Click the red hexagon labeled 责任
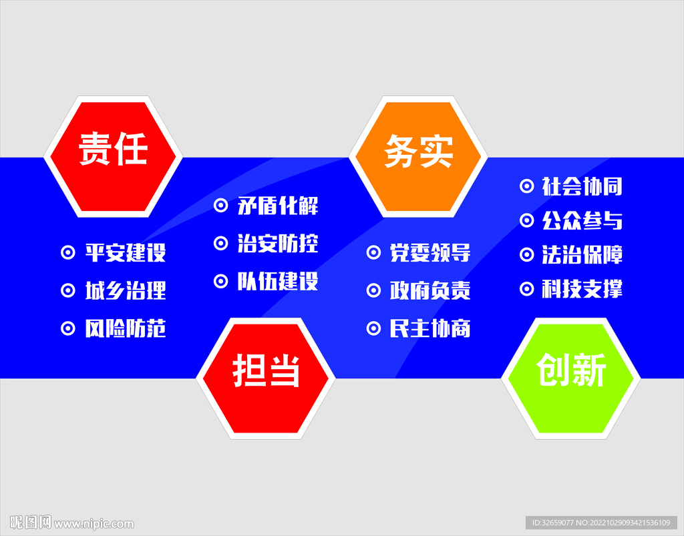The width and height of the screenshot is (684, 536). click(113, 156)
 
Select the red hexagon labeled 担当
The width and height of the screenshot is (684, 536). click(265, 378)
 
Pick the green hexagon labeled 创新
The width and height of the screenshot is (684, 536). click(571, 378)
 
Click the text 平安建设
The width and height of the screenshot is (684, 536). click(126, 253)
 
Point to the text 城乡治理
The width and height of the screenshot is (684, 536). click(126, 291)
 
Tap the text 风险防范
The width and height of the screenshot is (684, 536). click(126, 329)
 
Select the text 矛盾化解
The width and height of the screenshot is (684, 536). click(278, 206)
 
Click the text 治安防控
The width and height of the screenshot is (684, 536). click(278, 244)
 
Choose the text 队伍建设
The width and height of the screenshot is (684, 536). click(278, 282)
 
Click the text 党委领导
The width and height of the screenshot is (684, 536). click(430, 253)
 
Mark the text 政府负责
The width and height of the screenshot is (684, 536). click(430, 291)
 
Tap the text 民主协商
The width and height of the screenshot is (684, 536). click(430, 329)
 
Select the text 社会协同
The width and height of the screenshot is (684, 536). click(582, 186)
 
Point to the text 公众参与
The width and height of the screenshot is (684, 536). click(582, 221)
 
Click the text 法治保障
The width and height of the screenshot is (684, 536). click(582, 255)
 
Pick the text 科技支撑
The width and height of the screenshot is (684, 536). click(582, 289)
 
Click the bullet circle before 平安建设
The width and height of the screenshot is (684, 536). click(68, 253)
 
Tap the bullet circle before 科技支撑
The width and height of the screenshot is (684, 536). click(527, 289)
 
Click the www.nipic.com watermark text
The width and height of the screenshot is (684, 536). click(94, 524)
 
